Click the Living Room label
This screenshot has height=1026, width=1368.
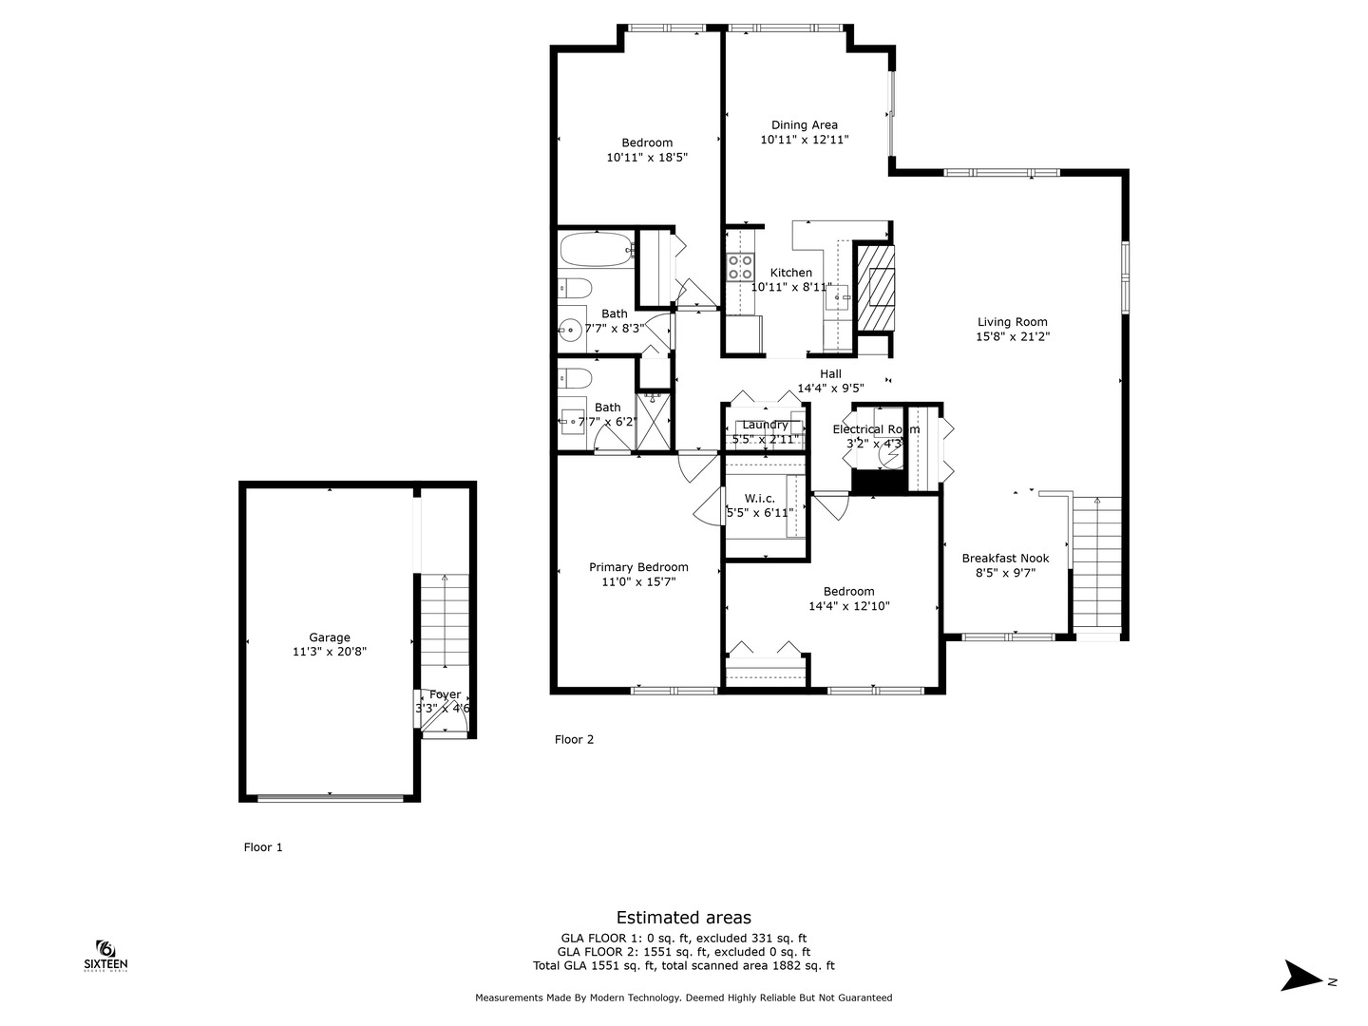[1013, 322]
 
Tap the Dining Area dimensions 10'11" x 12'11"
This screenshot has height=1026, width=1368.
[804, 140]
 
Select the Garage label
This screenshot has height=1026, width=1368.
[329, 637]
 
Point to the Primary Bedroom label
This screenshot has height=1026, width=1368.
[637, 567]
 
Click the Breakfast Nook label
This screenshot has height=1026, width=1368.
[1005, 559]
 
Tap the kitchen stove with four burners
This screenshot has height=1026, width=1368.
[740, 267]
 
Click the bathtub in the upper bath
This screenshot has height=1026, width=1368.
[596, 250]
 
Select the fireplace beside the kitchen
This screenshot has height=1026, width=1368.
[875, 287]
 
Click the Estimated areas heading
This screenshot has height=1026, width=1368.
[683, 917]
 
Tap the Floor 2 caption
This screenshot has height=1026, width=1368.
[574, 739]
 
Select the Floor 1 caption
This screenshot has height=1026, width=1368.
[263, 847]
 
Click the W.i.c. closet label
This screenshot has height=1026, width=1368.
[759, 499]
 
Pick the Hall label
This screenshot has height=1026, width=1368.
[830, 374]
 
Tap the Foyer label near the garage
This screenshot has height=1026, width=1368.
[445, 695]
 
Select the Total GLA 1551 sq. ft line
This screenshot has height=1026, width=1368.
[683, 965]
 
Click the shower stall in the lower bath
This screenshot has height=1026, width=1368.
[654, 421]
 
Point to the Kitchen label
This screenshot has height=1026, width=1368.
[790, 273]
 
